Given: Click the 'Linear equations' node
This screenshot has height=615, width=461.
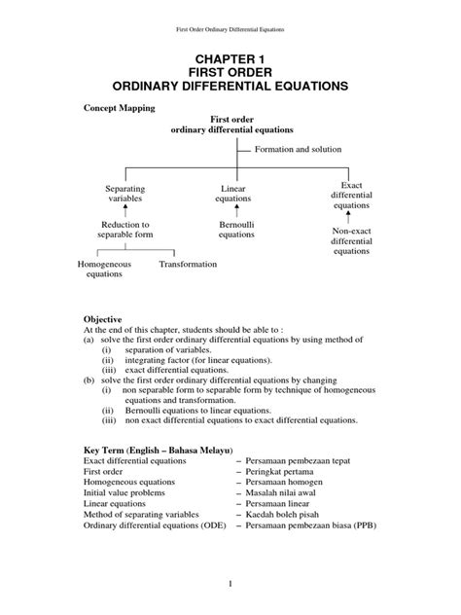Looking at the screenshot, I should tap(231, 193).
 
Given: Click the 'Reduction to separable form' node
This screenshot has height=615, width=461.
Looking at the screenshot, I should tap(124, 230).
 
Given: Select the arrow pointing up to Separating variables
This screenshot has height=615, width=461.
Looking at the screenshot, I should tap(124, 211).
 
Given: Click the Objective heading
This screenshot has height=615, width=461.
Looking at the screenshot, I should tap(102, 318).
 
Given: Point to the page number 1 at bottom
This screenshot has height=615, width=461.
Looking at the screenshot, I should tap(230, 584).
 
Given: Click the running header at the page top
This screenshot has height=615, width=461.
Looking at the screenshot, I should tap(230, 15).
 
